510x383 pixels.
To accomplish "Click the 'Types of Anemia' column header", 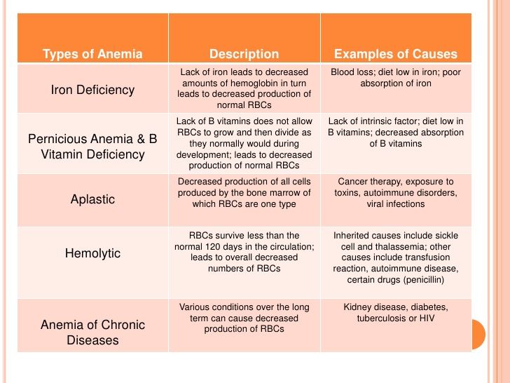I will (92, 54).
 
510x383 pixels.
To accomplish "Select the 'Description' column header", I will (244, 54).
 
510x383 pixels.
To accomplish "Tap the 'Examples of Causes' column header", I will (396, 54).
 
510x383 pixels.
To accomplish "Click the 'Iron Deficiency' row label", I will (92, 90).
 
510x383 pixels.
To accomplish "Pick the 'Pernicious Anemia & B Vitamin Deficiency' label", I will (92, 147).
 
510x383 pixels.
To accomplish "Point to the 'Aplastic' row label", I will (92, 199).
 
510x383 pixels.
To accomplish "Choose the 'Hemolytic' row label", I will (92, 253).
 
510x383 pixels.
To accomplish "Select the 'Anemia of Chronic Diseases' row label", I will (92, 332).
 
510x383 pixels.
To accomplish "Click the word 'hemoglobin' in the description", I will (249, 83).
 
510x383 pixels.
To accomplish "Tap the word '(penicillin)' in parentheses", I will (423, 279).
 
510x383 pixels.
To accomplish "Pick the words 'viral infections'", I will (396, 204).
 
